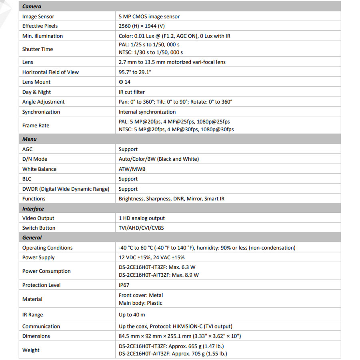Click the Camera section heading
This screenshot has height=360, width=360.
(32, 6)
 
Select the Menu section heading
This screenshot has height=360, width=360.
(29, 139)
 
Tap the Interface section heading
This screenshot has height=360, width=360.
(33, 209)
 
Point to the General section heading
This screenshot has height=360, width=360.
(32, 238)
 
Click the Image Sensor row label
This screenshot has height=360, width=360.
(38, 16)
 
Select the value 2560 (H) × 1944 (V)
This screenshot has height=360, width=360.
(142, 26)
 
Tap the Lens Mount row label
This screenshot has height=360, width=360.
(36, 82)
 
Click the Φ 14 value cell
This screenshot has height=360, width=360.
(124, 82)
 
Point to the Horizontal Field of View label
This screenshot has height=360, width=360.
(50, 72)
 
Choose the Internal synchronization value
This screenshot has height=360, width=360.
(147, 112)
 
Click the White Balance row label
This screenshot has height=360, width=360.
(39, 169)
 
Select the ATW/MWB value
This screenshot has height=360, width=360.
(132, 169)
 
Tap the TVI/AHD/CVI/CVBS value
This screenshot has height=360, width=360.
(141, 228)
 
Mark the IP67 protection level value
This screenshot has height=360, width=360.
(124, 285)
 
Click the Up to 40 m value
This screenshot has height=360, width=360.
(132, 315)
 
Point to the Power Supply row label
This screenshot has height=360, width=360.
(38, 258)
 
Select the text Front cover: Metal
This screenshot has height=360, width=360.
(141, 295)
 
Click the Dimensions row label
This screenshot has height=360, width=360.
(36, 336)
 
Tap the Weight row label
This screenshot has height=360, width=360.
(31, 350)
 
